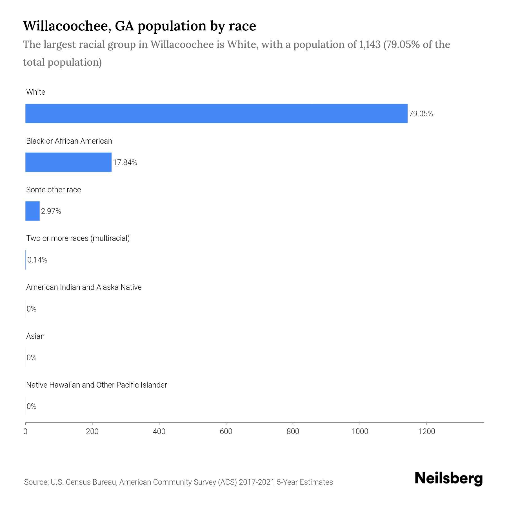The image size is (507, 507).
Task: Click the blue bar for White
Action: (x=216, y=114)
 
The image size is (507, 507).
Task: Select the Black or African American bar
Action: (x=68, y=162)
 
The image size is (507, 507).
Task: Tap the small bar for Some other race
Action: (x=32, y=211)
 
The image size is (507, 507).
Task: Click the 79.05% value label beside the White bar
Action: (x=421, y=114)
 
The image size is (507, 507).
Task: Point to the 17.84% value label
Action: (x=125, y=163)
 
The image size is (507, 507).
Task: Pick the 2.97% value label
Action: (x=51, y=211)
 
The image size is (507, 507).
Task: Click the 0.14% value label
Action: (x=37, y=260)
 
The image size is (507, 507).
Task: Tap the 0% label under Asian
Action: (x=32, y=358)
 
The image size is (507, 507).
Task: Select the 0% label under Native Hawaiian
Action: (x=32, y=406)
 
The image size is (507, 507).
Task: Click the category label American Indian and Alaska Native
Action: (x=84, y=287)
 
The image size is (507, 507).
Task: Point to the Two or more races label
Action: (x=78, y=238)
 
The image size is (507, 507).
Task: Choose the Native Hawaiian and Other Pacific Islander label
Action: (x=96, y=385)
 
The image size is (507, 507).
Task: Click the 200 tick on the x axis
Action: (x=92, y=432)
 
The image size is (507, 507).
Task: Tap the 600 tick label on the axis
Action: (x=226, y=432)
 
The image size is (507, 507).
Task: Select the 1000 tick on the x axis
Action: (x=360, y=432)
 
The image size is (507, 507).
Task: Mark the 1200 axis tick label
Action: (x=426, y=432)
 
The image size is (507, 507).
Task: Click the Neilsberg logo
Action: (x=449, y=478)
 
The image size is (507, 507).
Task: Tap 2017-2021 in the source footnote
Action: (x=256, y=482)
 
